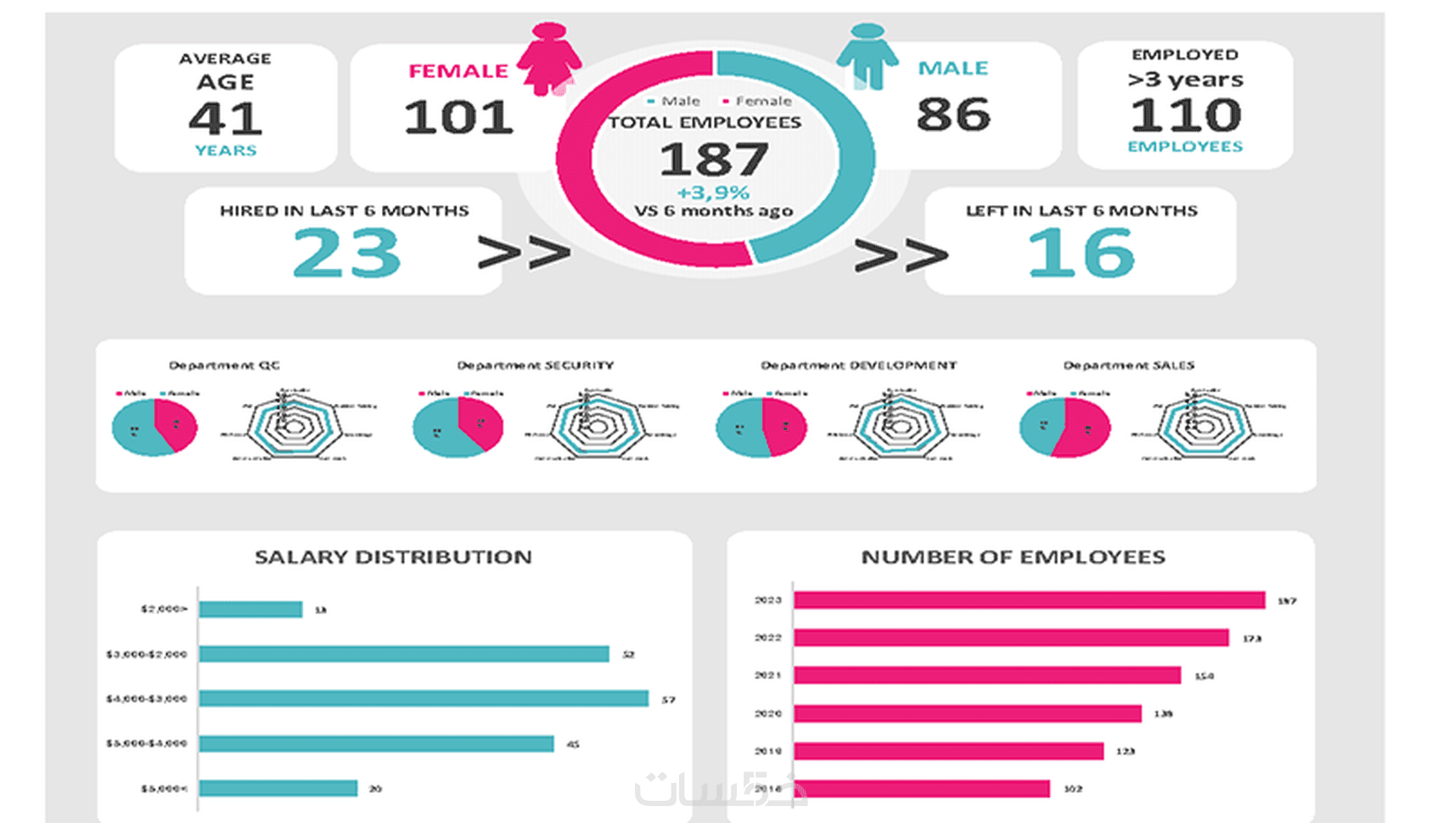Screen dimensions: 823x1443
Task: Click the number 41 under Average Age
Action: click(226, 119)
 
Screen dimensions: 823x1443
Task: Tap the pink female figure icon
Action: click(549, 58)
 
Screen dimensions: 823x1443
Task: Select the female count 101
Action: click(458, 117)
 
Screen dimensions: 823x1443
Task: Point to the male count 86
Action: click(953, 115)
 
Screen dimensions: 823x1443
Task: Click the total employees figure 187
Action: click(714, 160)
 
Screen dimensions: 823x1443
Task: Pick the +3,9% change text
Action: click(713, 193)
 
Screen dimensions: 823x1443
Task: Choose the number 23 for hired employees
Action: click(346, 254)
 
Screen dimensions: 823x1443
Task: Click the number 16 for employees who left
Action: click(1081, 254)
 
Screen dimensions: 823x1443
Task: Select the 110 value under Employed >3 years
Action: click(1186, 115)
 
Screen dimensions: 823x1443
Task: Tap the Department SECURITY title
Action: click(535, 366)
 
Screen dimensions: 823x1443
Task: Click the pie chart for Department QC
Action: click(154, 428)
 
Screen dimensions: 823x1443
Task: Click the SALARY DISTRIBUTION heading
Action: click(393, 557)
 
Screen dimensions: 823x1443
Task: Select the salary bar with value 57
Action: click(424, 698)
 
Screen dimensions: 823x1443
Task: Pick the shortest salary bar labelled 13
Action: click(250, 609)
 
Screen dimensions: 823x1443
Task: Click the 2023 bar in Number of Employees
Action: click(1029, 601)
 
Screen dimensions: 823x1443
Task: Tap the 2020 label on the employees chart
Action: click(768, 714)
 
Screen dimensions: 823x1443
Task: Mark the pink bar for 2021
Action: click(987, 675)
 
